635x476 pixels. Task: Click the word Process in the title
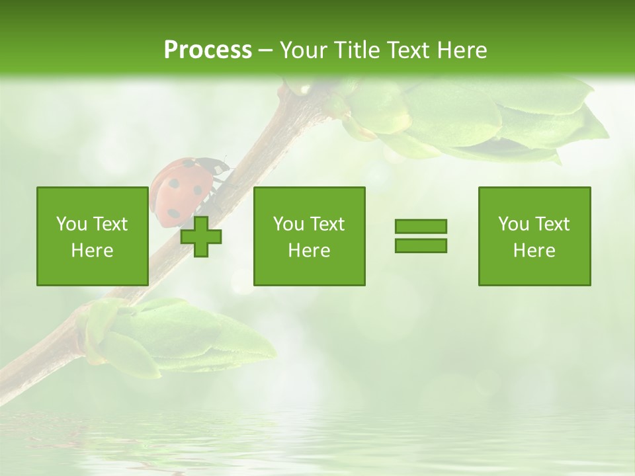point(208,50)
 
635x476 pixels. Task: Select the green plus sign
point(201,237)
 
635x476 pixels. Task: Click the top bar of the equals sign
point(421,227)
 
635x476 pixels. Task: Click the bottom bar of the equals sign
point(421,245)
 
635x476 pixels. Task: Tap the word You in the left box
point(71,224)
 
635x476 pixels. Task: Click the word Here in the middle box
point(309,251)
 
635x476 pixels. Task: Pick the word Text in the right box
point(552,224)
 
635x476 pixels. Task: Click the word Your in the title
point(303,50)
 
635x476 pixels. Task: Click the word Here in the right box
point(534,251)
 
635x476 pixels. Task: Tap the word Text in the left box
point(110,224)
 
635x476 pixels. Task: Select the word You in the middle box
point(288,224)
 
